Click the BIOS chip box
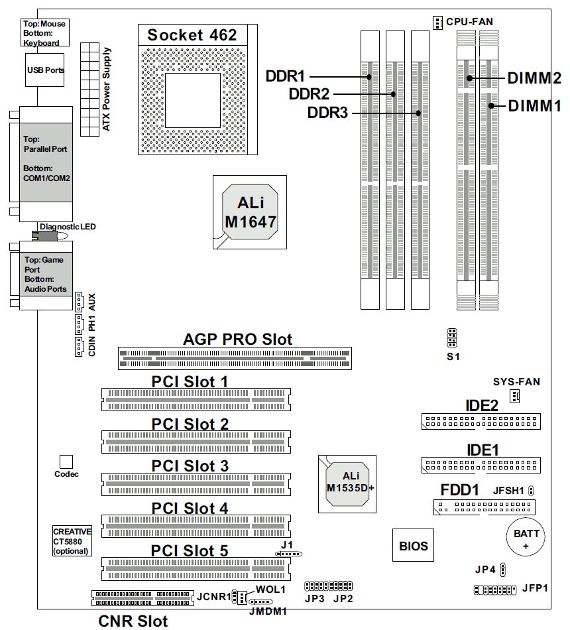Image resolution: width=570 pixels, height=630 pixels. click(x=413, y=546)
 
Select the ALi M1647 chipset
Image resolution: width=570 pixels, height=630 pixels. click(x=250, y=212)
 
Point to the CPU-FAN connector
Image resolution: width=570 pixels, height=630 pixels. click(x=437, y=23)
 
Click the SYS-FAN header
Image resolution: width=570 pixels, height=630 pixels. click(x=514, y=397)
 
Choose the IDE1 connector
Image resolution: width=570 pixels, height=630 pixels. click(x=481, y=464)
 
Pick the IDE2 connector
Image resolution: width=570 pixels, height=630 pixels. click(x=481, y=421)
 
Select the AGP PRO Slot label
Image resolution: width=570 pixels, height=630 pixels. click(x=237, y=339)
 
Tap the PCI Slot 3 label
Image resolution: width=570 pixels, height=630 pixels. click(x=190, y=466)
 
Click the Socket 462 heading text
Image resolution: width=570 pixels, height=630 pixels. click(x=192, y=35)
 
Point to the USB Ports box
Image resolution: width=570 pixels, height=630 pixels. click(x=45, y=70)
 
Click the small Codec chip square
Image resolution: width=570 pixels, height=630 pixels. click(x=66, y=461)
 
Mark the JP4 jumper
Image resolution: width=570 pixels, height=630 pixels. click(x=503, y=569)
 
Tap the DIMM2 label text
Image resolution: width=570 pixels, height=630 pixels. click(x=534, y=78)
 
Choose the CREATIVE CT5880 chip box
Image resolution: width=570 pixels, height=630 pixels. click(x=72, y=541)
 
